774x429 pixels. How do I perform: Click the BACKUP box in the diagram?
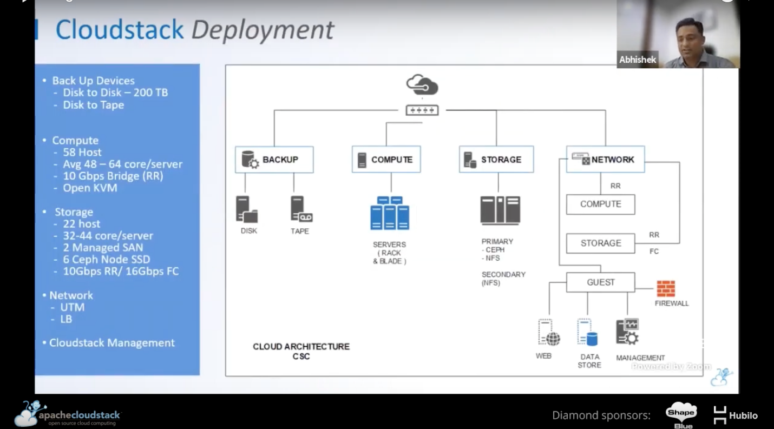tap(274, 160)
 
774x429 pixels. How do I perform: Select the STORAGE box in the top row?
tap(496, 160)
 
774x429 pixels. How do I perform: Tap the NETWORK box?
tap(605, 160)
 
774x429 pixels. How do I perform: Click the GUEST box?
tap(600, 282)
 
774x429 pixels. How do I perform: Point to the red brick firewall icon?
tap(666, 289)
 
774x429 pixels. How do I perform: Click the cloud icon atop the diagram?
tap(422, 85)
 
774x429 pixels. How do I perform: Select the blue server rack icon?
tap(390, 213)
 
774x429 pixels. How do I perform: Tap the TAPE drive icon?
tap(300, 209)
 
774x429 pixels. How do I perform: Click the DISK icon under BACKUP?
tap(246, 209)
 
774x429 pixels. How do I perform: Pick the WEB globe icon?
tap(548, 333)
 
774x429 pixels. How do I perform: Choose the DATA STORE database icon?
tap(587, 333)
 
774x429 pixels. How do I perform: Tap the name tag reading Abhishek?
tap(638, 60)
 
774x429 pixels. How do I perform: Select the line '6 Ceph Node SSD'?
tap(106, 259)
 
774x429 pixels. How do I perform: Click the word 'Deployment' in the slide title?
tap(263, 30)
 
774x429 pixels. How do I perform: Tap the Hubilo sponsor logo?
tap(736, 415)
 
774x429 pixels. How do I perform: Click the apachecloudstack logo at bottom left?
tap(68, 415)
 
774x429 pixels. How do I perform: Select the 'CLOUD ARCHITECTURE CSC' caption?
tap(301, 351)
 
